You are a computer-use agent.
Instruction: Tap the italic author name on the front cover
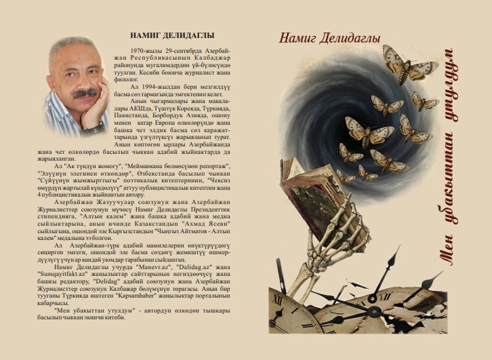click(330, 37)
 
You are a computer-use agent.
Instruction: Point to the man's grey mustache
click(83, 93)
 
